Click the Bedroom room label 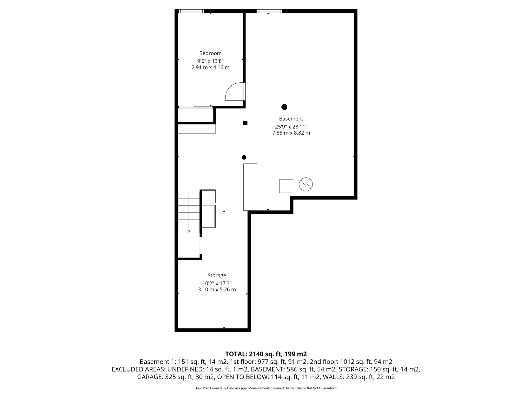tap(210, 53)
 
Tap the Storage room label tap(217, 275)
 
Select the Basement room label tap(291, 119)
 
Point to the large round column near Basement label tap(284, 107)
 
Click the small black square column tap(245, 123)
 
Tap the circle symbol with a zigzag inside tap(306, 184)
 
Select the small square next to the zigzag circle tap(286, 186)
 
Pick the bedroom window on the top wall tap(191, 11)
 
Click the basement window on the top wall tap(269, 11)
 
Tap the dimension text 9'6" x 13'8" tap(210, 61)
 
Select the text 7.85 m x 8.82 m tap(291, 133)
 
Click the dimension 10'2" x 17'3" tap(217, 283)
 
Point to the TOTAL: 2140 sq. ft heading tap(266, 354)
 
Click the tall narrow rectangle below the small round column tap(250, 187)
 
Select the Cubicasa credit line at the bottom tap(266, 388)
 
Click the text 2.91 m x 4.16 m tap(210, 68)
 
